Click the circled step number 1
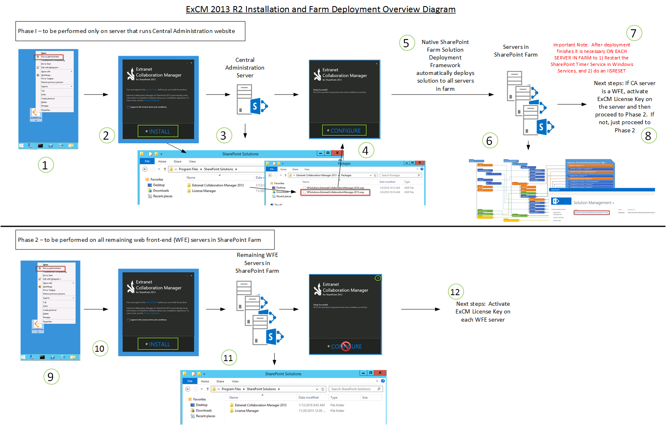coord(46,165)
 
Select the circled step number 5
coord(406,43)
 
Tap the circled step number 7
coord(633,33)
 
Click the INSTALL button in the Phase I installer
coord(158,131)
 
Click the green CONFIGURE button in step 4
coord(344,131)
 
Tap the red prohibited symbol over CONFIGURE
coord(346,346)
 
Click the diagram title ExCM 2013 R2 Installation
coord(321,9)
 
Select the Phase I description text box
coord(130,31)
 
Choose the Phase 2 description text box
coord(145,240)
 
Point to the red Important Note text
coord(591,58)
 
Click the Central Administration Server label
coord(245,68)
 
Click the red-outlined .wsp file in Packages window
coord(335,192)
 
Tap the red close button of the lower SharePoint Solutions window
coord(380,373)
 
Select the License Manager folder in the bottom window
coord(246,411)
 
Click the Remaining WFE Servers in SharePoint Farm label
coord(257,263)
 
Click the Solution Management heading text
coord(592,203)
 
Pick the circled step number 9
coord(51,377)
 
